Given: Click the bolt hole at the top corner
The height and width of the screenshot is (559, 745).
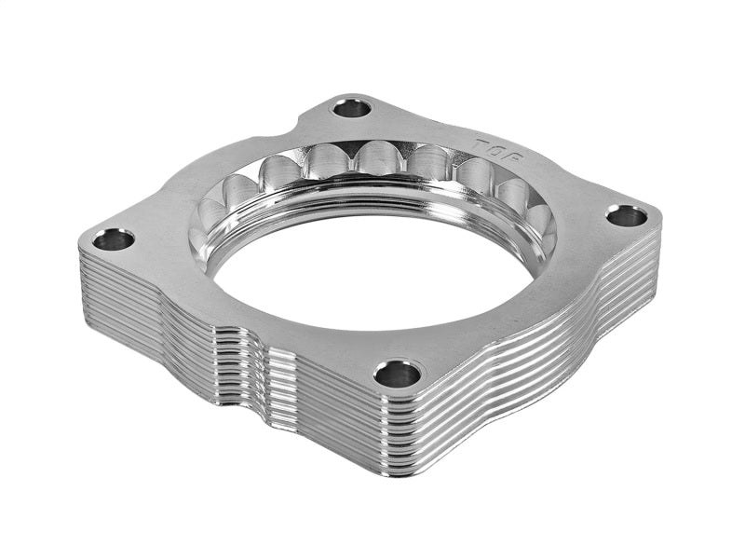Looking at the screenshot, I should [x=352, y=108].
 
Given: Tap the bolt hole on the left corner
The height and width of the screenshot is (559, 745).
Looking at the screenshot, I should [x=114, y=239].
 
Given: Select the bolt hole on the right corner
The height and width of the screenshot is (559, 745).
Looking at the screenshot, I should [x=626, y=216].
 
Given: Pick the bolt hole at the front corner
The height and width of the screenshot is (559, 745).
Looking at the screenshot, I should [x=397, y=374].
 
